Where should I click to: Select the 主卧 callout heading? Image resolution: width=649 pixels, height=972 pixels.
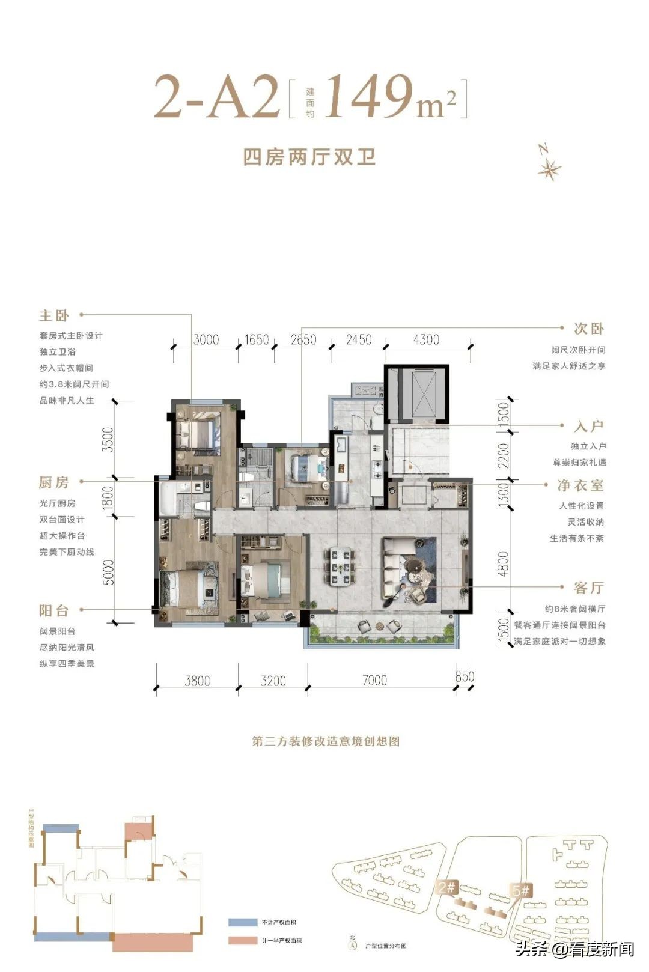click(54, 315)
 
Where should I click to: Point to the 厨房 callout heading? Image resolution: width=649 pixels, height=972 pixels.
click(54, 482)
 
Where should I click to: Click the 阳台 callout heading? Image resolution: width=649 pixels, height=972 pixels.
click(54, 611)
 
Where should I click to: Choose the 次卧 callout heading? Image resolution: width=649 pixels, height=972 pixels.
click(588, 329)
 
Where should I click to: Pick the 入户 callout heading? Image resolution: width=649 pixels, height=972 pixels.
click(588, 427)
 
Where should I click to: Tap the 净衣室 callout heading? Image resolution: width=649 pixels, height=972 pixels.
click(580, 485)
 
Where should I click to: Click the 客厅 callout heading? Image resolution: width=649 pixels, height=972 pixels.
click(588, 588)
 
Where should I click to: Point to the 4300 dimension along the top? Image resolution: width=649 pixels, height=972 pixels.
click(426, 340)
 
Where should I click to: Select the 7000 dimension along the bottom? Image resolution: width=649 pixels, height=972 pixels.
click(374, 680)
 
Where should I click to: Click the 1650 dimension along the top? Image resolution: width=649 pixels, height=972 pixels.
click(257, 340)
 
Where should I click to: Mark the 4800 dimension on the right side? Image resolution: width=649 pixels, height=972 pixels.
click(504, 564)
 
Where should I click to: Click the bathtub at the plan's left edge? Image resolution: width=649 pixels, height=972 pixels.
click(166, 498)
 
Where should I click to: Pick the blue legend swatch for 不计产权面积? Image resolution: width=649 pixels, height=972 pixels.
click(242, 922)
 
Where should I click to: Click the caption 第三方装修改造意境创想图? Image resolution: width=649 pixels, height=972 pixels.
click(326, 741)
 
